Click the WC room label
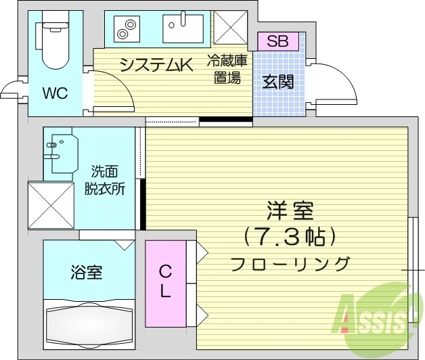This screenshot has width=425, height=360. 55,93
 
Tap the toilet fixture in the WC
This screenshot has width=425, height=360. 53,43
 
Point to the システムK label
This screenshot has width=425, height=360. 156,65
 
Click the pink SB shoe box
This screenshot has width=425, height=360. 277,41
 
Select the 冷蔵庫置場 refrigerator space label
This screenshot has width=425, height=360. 227,70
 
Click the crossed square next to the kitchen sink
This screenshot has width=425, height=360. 230,28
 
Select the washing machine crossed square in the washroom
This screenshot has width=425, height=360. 50,204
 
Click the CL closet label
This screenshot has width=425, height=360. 165,282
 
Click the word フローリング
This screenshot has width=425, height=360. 291,263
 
